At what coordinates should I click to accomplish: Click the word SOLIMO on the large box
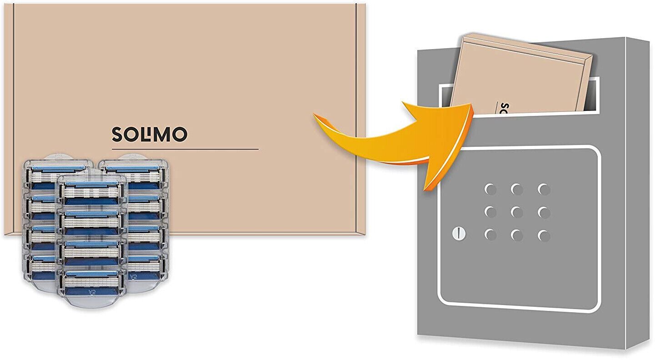point(149,134)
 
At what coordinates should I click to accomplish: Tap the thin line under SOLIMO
point(185,149)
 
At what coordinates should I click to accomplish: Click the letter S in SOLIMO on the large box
point(117,134)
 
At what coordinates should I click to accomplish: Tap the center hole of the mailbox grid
point(517,212)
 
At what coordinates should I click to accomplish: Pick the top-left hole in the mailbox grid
point(490,189)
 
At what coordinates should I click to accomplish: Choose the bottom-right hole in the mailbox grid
point(544,235)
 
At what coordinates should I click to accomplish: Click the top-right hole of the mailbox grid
point(544,189)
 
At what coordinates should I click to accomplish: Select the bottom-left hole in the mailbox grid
point(490,235)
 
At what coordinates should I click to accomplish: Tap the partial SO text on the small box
point(503,109)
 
